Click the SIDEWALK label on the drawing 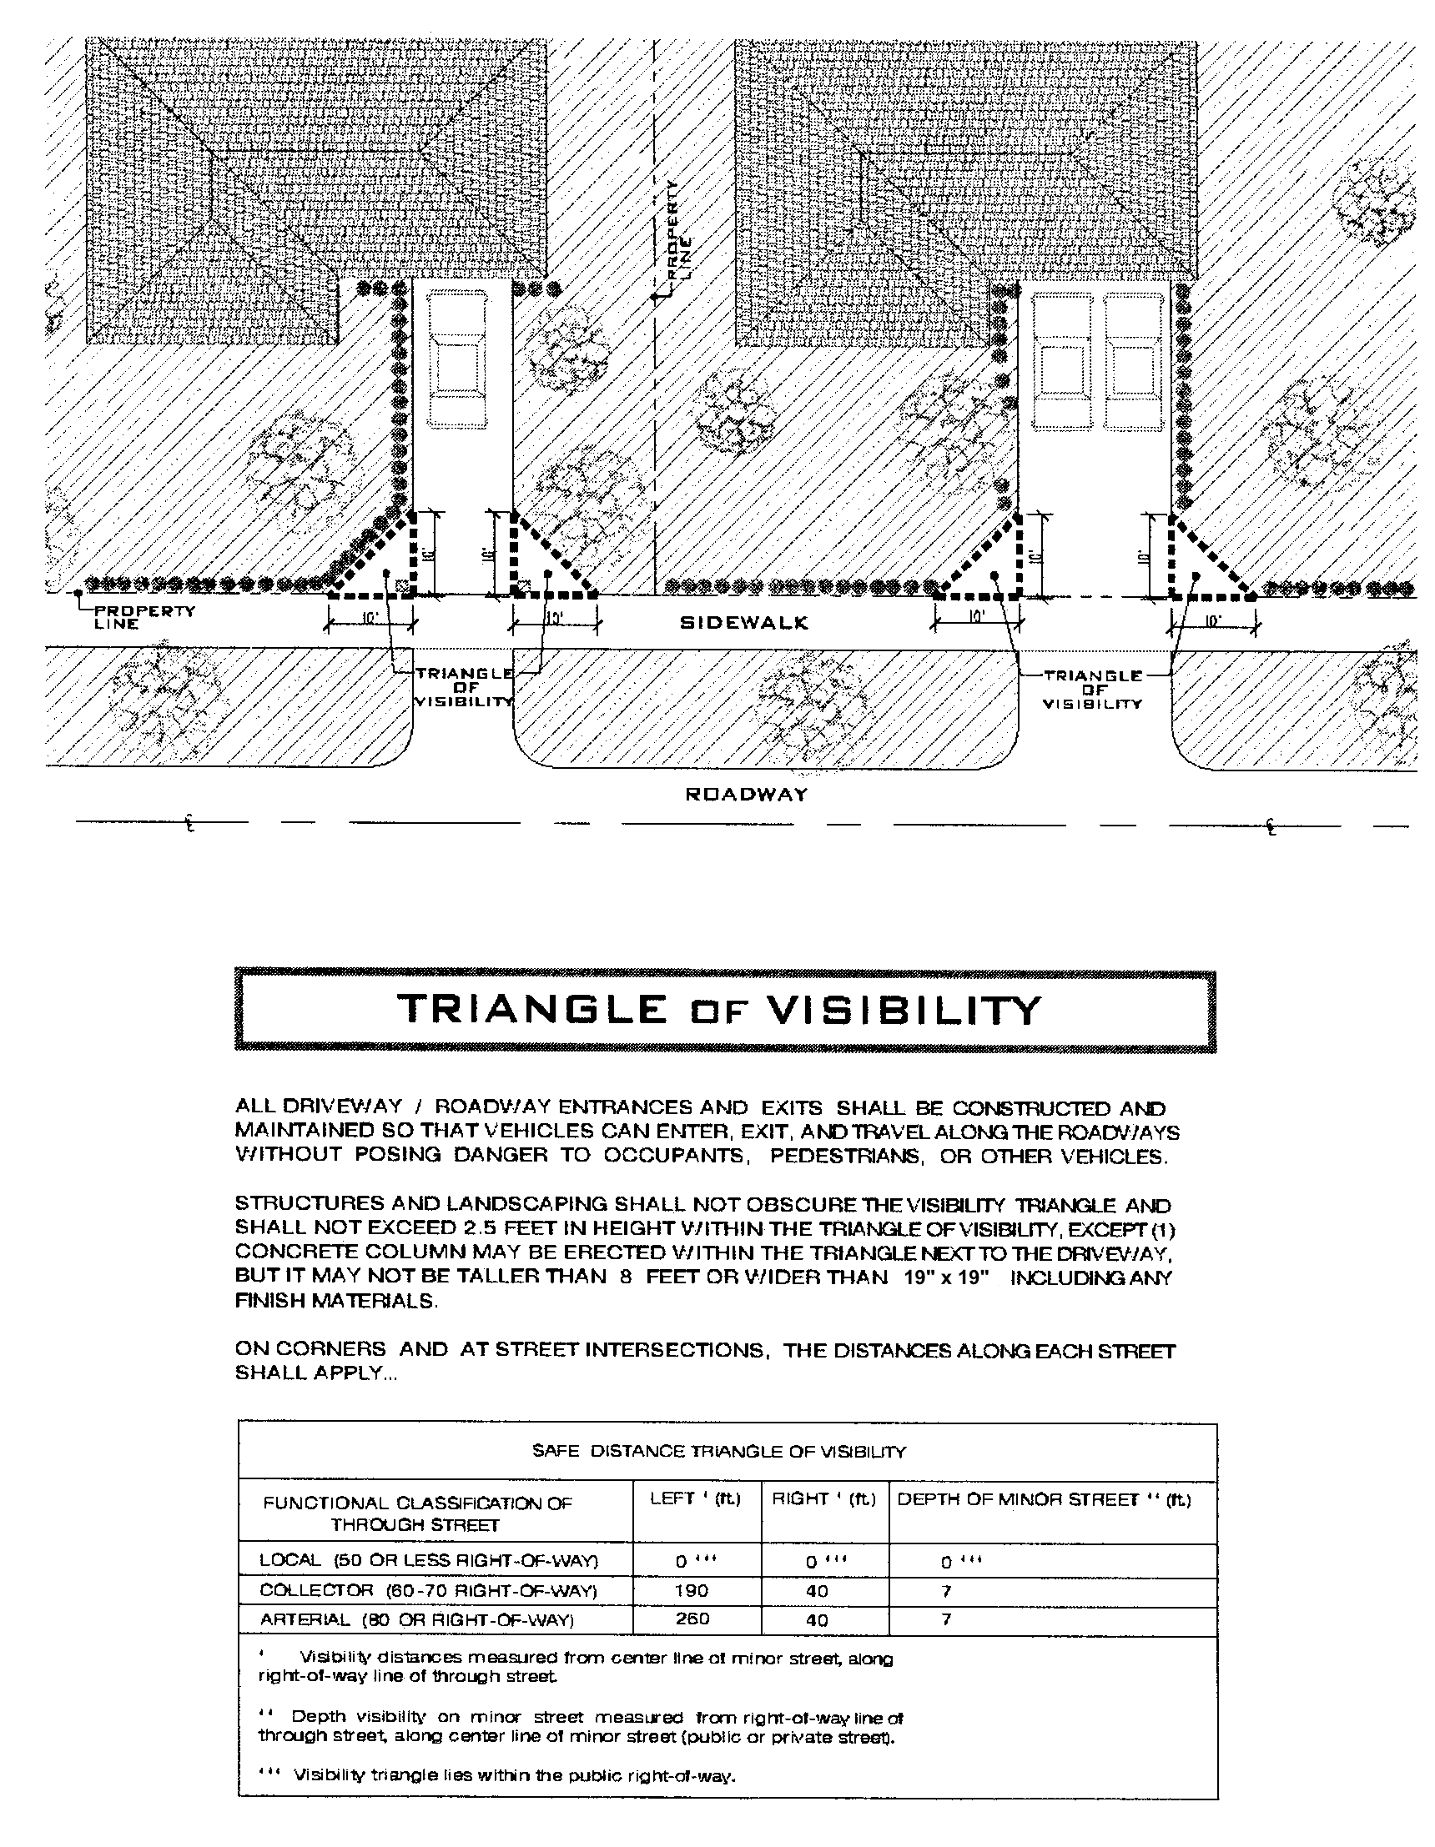[744, 623]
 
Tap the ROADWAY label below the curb [746, 794]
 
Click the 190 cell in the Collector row [692, 1591]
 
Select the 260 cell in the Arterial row [692, 1619]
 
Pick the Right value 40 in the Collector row [817, 1591]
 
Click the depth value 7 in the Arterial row [946, 1619]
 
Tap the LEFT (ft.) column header [695, 1499]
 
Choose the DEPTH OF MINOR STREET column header [1043, 1499]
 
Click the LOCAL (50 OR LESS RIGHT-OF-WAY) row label [429, 1560]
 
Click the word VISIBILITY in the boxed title [903, 1010]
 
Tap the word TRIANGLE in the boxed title [531, 1010]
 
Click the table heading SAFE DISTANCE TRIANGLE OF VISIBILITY [718, 1451]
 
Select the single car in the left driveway [458, 359]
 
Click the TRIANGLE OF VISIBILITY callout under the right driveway [1092, 690]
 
